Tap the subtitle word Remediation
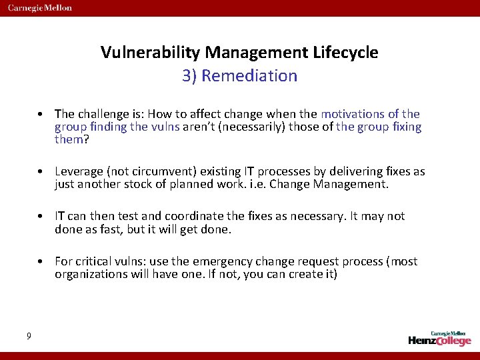tap(249, 76)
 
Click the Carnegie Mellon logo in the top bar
tap(39, 8)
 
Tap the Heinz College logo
tap(439, 338)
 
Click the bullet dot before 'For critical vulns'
tap(41, 261)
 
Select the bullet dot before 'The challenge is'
tap(41, 114)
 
